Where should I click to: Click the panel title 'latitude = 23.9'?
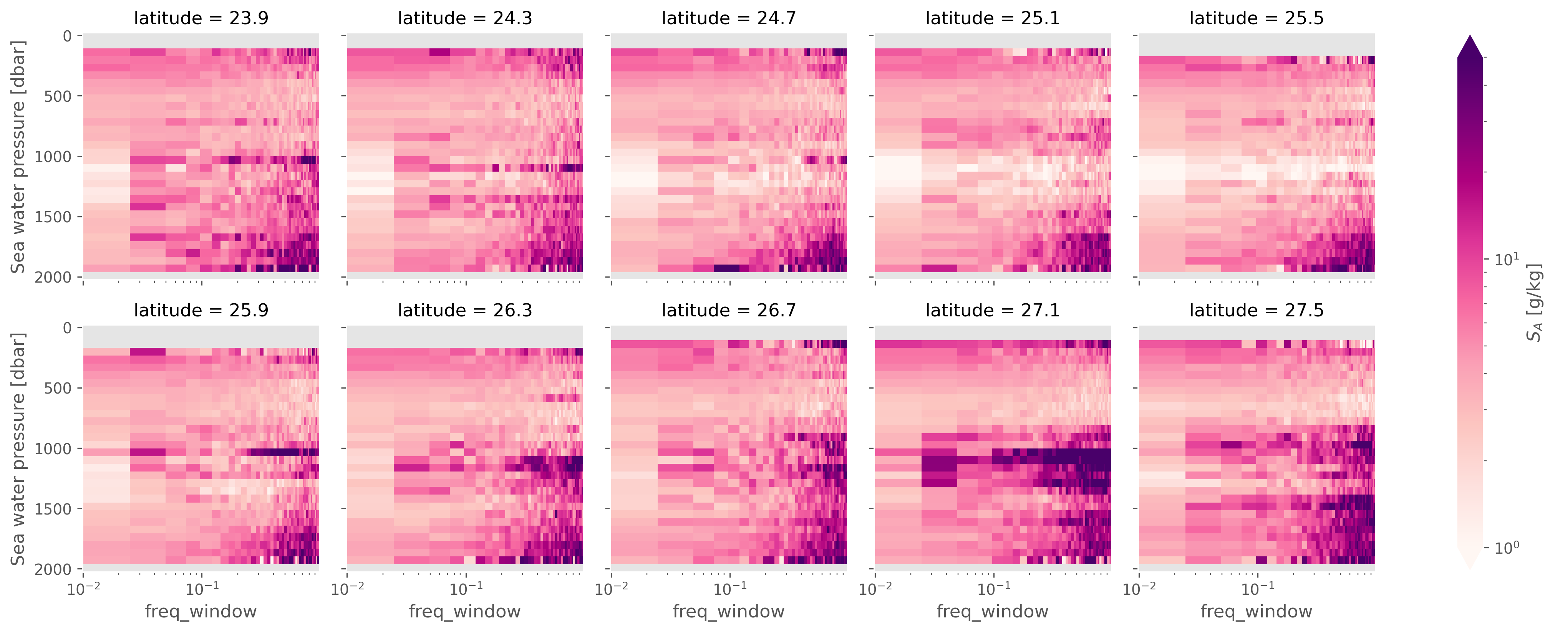tap(201, 18)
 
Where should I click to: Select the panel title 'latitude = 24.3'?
tap(465, 18)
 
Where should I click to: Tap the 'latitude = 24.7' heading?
tap(729, 18)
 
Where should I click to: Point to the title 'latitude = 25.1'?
tap(992, 18)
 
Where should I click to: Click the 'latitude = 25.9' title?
tap(201, 310)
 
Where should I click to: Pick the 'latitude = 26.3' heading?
tap(465, 310)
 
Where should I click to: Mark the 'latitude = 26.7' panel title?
tap(729, 310)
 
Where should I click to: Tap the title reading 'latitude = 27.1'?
tap(992, 310)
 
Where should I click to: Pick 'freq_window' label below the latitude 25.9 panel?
tap(201, 612)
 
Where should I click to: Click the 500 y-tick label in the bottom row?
tap(58, 388)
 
